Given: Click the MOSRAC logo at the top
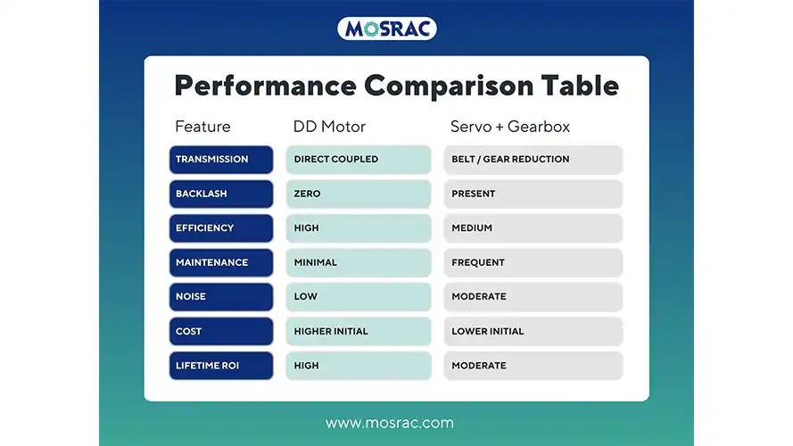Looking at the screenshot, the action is tap(387, 29).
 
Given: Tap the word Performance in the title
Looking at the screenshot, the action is tap(266, 86).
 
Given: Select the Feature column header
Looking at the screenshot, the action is tap(202, 127).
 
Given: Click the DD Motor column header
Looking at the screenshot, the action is tap(329, 127).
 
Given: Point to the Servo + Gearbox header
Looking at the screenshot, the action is tap(510, 127).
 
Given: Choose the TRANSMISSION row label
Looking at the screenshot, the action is tap(221, 160).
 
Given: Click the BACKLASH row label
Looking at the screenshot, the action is tap(221, 194).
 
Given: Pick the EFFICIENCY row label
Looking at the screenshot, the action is tap(221, 228).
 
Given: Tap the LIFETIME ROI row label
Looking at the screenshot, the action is tap(221, 366).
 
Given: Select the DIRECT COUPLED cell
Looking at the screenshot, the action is tap(359, 160).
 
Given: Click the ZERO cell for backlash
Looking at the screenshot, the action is tap(359, 194).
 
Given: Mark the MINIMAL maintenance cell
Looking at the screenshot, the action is tap(359, 262).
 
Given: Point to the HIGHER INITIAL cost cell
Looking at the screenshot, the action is tap(359, 331).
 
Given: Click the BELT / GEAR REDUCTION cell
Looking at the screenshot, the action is tap(533, 160).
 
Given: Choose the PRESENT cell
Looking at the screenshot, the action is tap(533, 194).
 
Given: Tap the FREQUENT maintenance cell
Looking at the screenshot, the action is tap(533, 262).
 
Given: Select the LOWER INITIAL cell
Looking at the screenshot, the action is tap(533, 331).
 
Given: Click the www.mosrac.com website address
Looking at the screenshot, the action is tap(390, 423).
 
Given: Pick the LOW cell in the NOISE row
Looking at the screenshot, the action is tap(359, 297).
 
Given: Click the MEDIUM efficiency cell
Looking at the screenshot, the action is tap(533, 228).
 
